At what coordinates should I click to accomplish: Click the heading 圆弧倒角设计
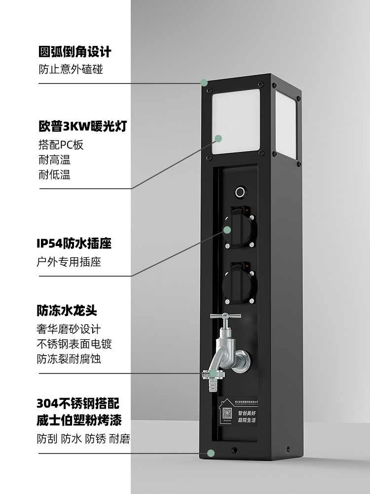74,52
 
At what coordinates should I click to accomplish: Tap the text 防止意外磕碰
71,69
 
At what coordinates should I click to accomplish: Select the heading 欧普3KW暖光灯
83,127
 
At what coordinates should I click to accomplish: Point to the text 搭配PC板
61,145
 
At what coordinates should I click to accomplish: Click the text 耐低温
54,175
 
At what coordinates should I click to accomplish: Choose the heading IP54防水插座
74,244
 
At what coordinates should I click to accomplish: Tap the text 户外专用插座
70,262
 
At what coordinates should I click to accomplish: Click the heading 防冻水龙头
67,311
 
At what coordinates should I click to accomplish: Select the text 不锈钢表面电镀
77,344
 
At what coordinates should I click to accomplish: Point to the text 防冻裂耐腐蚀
69,359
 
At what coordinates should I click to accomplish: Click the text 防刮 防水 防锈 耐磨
83,439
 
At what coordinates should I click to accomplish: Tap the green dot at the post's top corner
203,83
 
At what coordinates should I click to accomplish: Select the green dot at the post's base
211,453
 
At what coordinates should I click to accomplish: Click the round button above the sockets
240,191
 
